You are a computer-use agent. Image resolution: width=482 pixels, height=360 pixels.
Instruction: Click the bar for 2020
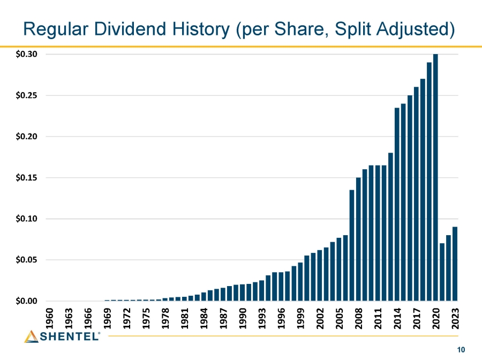click(435, 177)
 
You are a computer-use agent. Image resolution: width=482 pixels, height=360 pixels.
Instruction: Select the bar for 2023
click(455, 264)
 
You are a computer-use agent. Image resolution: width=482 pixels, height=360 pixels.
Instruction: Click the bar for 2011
click(378, 233)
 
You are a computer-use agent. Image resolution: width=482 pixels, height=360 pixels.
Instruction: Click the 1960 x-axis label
click(49, 318)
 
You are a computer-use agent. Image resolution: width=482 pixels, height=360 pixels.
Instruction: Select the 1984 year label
click(204, 318)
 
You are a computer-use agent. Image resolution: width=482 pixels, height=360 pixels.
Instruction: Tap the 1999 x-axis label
click(300, 318)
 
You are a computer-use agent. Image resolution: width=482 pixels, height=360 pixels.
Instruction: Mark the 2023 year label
click(455, 318)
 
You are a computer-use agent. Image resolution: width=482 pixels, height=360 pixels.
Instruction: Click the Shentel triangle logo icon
click(31, 336)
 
